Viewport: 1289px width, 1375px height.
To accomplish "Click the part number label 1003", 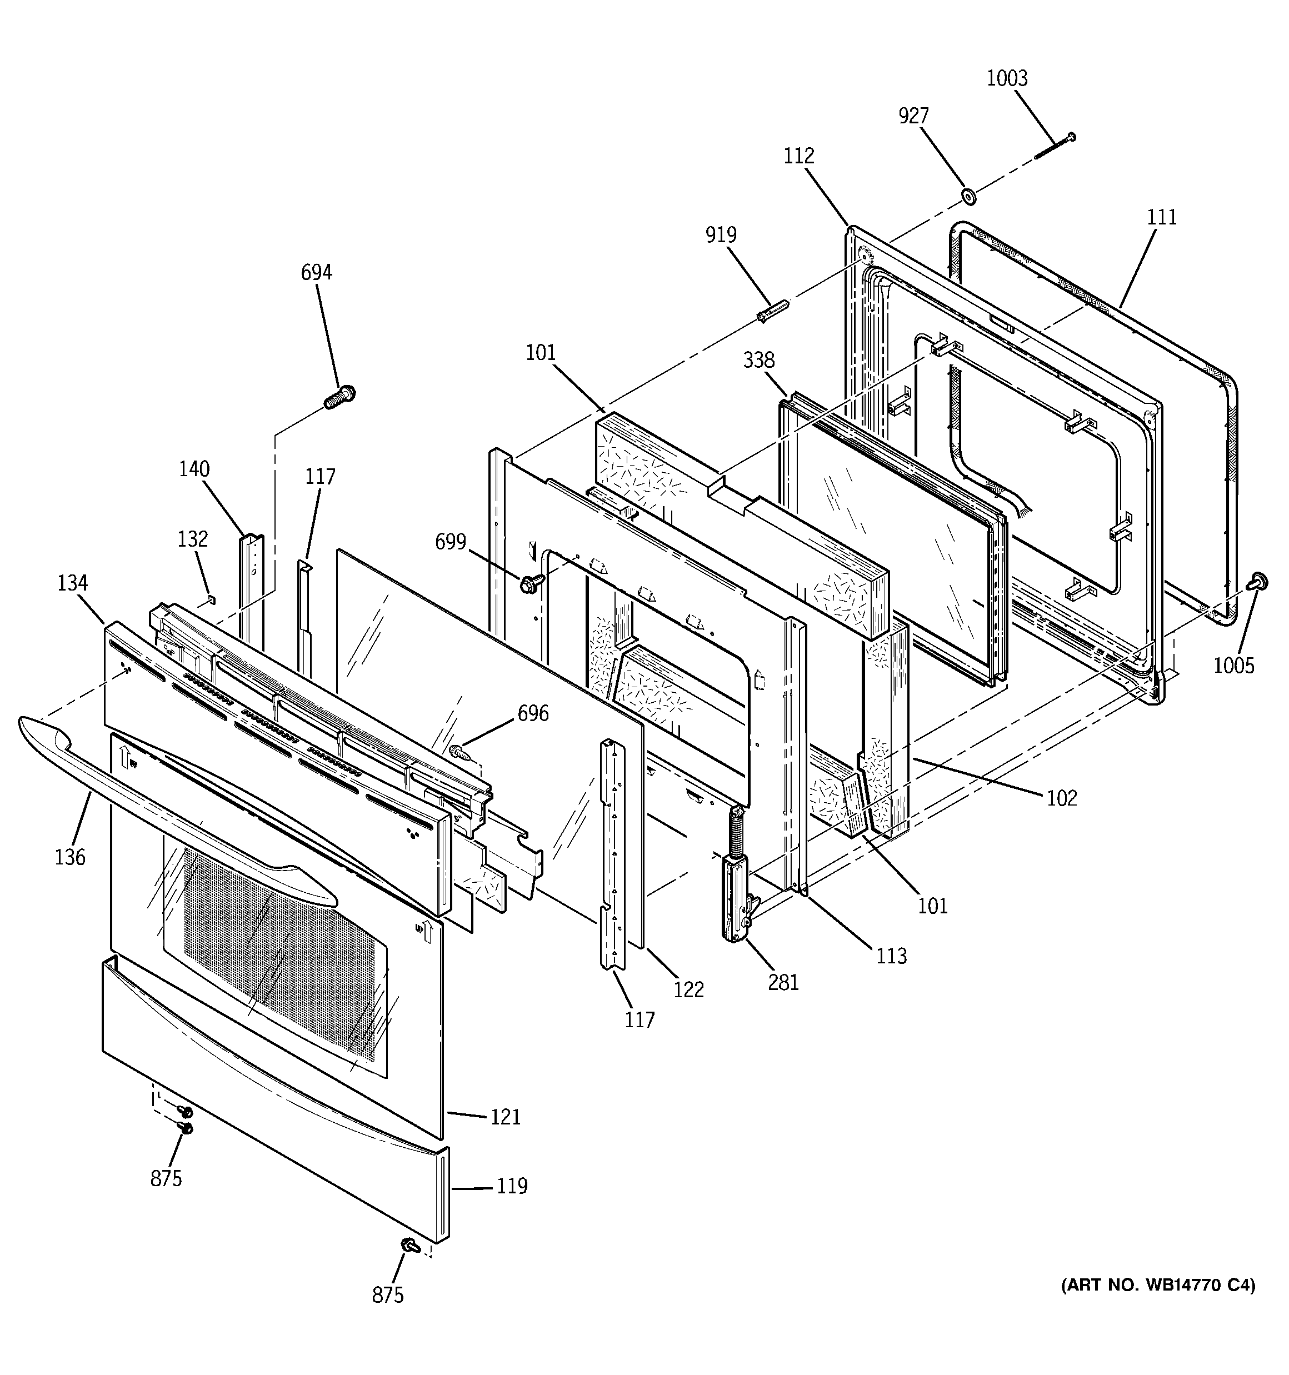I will (1007, 78).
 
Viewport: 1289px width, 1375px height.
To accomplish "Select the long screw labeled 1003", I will (1055, 147).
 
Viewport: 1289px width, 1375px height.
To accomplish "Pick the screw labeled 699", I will (528, 584).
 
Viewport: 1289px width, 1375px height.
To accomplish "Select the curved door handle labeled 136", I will (173, 802).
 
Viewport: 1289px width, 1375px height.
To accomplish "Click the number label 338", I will (759, 361).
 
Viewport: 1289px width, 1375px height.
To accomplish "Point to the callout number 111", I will (1162, 217).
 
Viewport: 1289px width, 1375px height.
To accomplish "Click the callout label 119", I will (512, 1186).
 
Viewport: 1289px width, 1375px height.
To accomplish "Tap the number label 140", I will (194, 469).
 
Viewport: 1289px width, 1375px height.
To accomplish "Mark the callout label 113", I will (891, 956).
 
